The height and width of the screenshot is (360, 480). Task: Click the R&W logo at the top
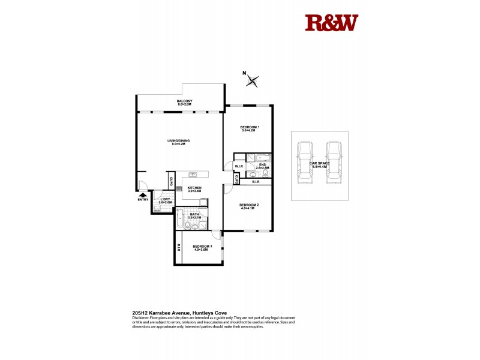tap(331, 23)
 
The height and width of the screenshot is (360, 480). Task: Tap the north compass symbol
tap(253, 79)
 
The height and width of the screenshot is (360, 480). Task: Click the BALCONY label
tap(184, 102)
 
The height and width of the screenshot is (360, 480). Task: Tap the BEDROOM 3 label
tap(200, 247)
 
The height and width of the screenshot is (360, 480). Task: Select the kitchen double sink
tap(193, 175)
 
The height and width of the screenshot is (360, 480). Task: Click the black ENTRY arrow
tap(143, 194)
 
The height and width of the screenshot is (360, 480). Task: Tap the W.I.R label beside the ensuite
tap(238, 166)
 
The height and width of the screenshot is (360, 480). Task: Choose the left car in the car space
tap(305, 162)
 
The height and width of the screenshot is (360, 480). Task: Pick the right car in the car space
tap(333, 162)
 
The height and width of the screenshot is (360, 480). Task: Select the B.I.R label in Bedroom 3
tap(179, 248)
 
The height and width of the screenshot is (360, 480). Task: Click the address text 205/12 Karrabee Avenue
tap(178, 313)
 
